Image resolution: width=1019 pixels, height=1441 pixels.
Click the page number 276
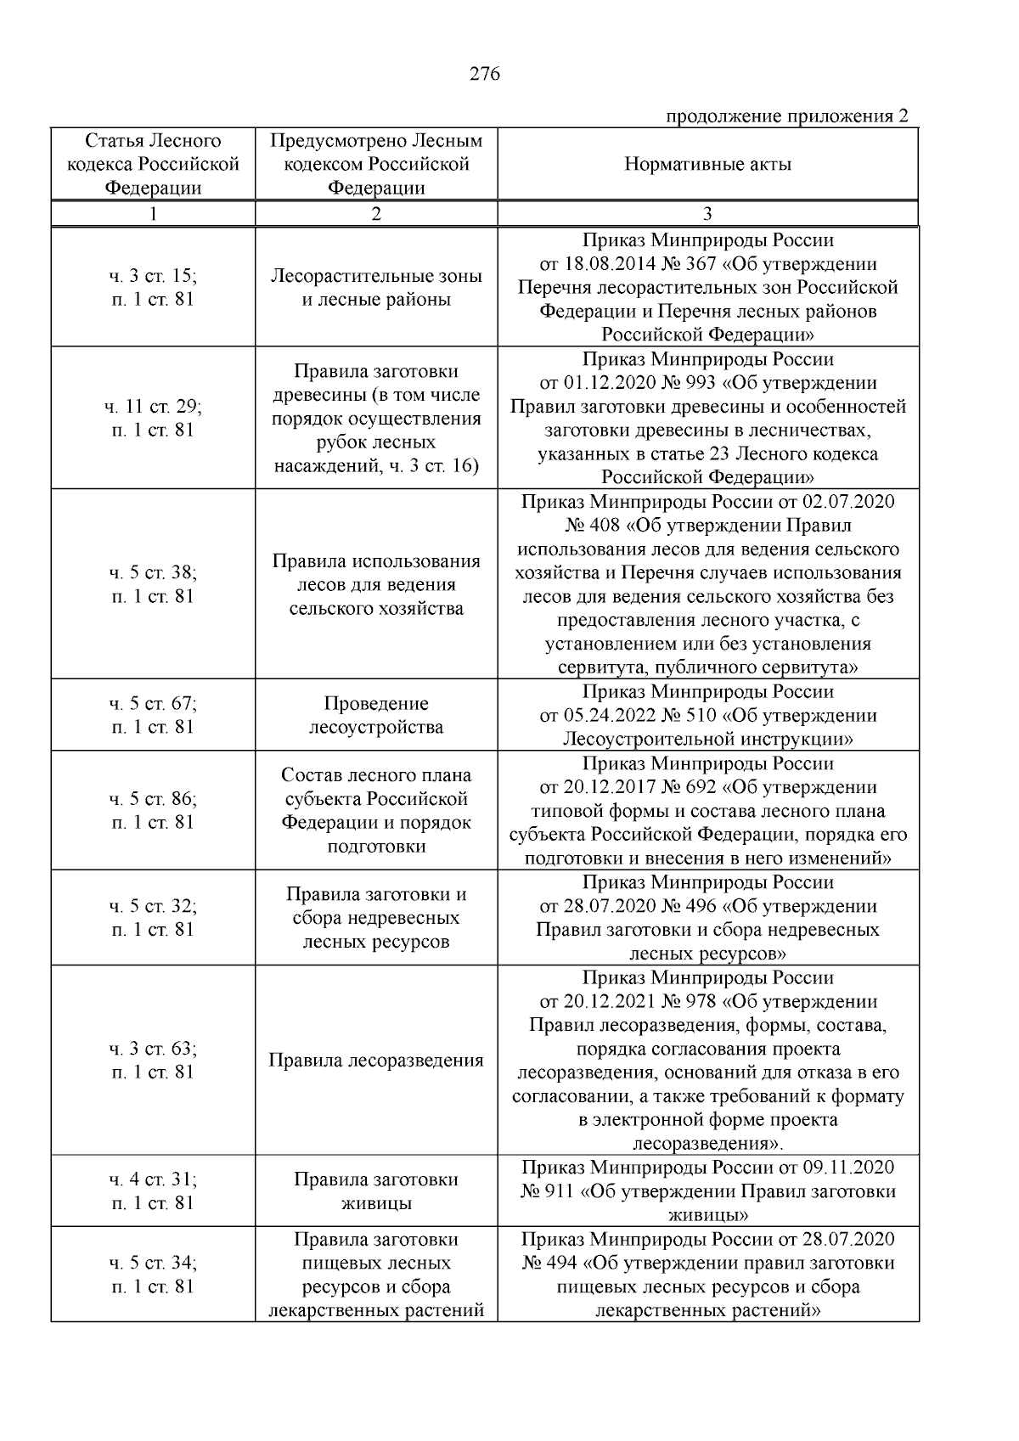485,74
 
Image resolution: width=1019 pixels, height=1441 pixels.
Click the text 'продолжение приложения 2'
786,116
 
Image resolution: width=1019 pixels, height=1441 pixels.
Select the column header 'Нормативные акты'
707,164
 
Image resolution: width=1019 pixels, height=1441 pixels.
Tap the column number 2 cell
376,214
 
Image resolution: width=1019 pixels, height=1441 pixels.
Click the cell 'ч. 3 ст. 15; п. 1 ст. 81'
153,287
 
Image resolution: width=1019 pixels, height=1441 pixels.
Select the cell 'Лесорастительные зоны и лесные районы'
376,287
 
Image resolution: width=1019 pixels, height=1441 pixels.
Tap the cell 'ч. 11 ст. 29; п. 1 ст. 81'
153,418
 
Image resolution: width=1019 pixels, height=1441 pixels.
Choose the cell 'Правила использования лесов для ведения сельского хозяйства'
376,584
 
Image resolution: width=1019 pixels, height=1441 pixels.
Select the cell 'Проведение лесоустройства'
376,715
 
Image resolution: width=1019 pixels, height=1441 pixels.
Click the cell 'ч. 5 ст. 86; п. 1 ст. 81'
153,810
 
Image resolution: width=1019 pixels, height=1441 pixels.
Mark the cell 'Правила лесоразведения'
376,1060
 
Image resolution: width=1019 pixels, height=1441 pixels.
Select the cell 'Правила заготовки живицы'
376,1191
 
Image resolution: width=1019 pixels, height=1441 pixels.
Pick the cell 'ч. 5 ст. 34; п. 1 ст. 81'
153,1274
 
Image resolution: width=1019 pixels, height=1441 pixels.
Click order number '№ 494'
549,1263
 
